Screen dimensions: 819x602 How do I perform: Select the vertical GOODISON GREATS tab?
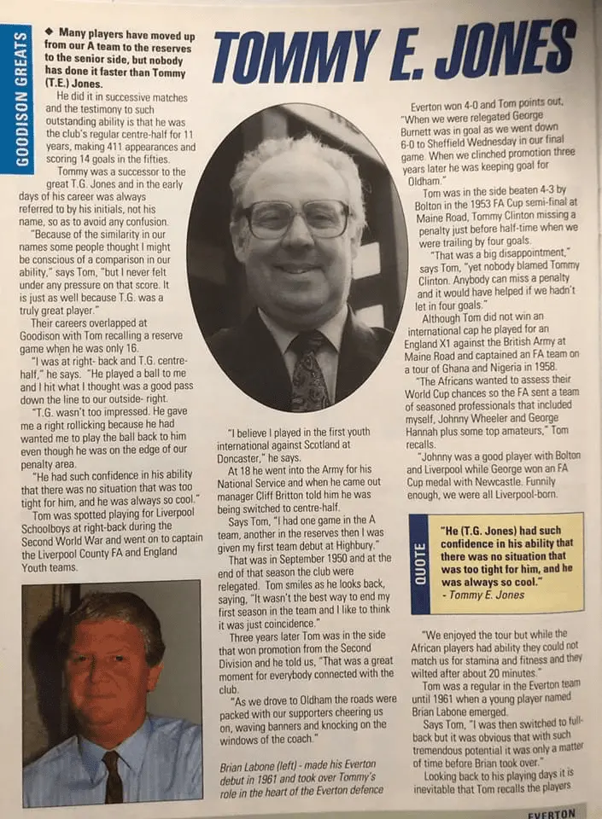coord(15,98)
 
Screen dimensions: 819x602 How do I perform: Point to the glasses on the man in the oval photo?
coord(295,218)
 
